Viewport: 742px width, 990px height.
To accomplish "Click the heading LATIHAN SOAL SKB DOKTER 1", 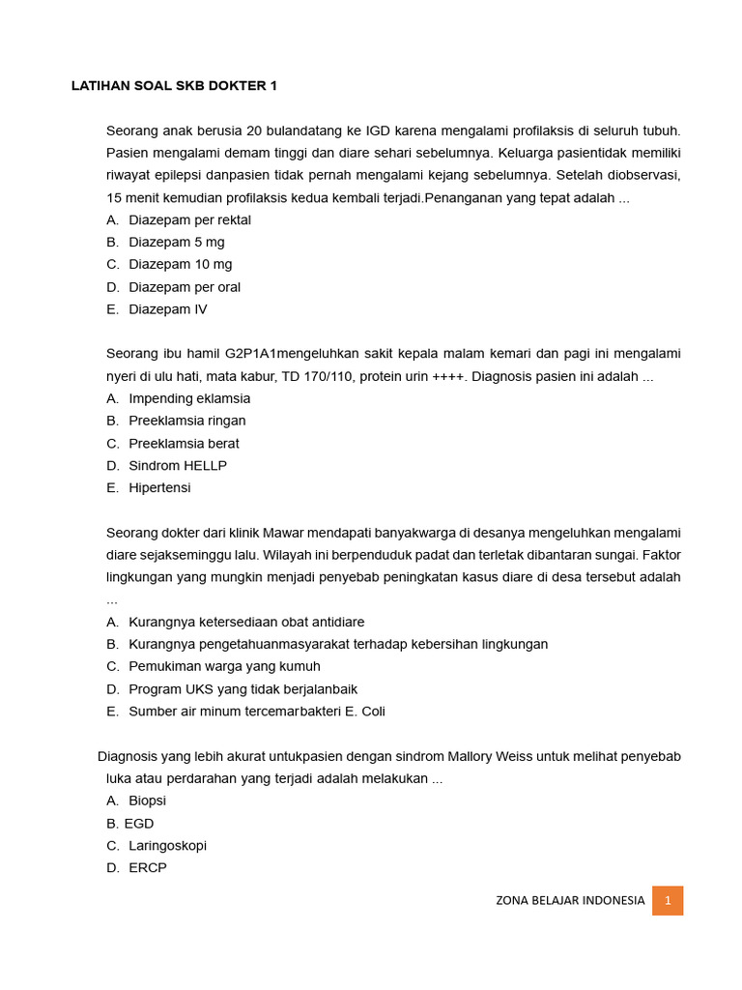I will click(174, 86).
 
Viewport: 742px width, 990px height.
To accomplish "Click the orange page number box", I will click(668, 900).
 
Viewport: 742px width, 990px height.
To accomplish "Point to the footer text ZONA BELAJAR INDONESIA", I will click(570, 900).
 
